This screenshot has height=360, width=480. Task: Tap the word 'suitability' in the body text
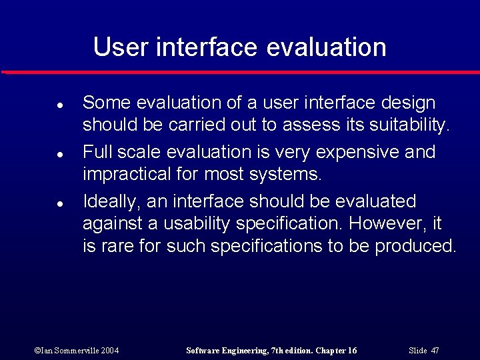[409, 125]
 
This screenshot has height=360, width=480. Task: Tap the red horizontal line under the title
[240, 72]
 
